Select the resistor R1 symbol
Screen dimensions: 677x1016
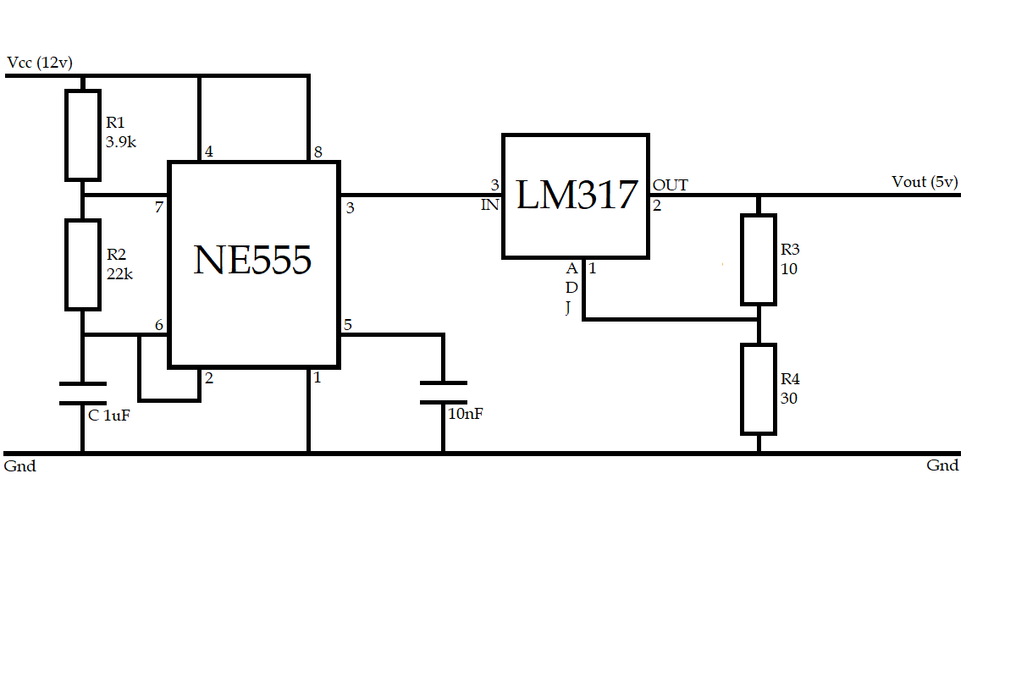click(83, 135)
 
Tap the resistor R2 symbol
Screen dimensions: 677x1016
click(83, 265)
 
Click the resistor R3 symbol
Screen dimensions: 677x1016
click(759, 259)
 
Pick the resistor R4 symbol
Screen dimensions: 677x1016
click(759, 388)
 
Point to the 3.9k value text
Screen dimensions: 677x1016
click(121, 142)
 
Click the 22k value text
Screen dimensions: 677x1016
click(119, 273)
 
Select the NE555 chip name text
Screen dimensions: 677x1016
click(252, 260)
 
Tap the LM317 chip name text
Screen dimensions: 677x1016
click(576, 195)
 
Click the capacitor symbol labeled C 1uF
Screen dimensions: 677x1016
click(83, 394)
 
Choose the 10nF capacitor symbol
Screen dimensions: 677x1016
click(443, 393)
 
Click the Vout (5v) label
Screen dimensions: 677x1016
click(925, 182)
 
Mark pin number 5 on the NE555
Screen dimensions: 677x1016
click(347, 325)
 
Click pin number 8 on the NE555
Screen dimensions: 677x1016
click(317, 152)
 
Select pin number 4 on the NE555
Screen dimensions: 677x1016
click(208, 152)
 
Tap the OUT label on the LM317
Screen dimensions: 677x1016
click(670, 185)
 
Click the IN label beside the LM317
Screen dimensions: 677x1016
click(490, 205)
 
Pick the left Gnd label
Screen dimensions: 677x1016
click(20, 466)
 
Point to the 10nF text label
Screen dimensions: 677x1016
click(465, 414)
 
